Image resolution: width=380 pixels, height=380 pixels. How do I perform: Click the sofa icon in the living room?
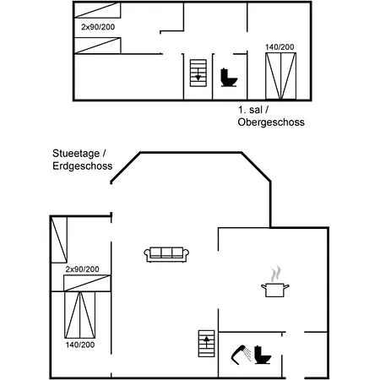pyautogui.click(x=166, y=253)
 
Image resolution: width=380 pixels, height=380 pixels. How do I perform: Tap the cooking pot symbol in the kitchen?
pyautogui.click(x=274, y=290)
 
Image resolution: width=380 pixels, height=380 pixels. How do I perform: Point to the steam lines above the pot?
pyautogui.click(x=275, y=274)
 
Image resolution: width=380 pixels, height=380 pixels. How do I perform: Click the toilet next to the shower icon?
pyautogui.click(x=263, y=356)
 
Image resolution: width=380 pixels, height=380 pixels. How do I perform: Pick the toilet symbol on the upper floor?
pyautogui.click(x=228, y=78)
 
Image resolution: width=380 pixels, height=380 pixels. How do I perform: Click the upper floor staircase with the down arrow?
pyautogui.click(x=198, y=73)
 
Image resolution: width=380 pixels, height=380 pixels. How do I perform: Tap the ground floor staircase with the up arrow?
pyautogui.click(x=206, y=345)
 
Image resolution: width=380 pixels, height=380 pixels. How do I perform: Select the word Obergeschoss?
pyautogui.click(x=271, y=122)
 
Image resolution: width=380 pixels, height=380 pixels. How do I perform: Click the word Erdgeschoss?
pyautogui.click(x=82, y=166)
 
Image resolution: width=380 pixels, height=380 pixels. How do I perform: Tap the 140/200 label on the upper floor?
pyautogui.click(x=280, y=46)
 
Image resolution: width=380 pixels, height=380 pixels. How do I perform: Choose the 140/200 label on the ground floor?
pyautogui.click(x=79, y=345)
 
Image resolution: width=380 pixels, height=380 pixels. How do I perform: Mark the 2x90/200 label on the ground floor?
pyautogui.click(x=82, y=269)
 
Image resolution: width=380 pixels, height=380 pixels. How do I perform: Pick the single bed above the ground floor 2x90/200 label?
pyautogui.click(x=59, y=240)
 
